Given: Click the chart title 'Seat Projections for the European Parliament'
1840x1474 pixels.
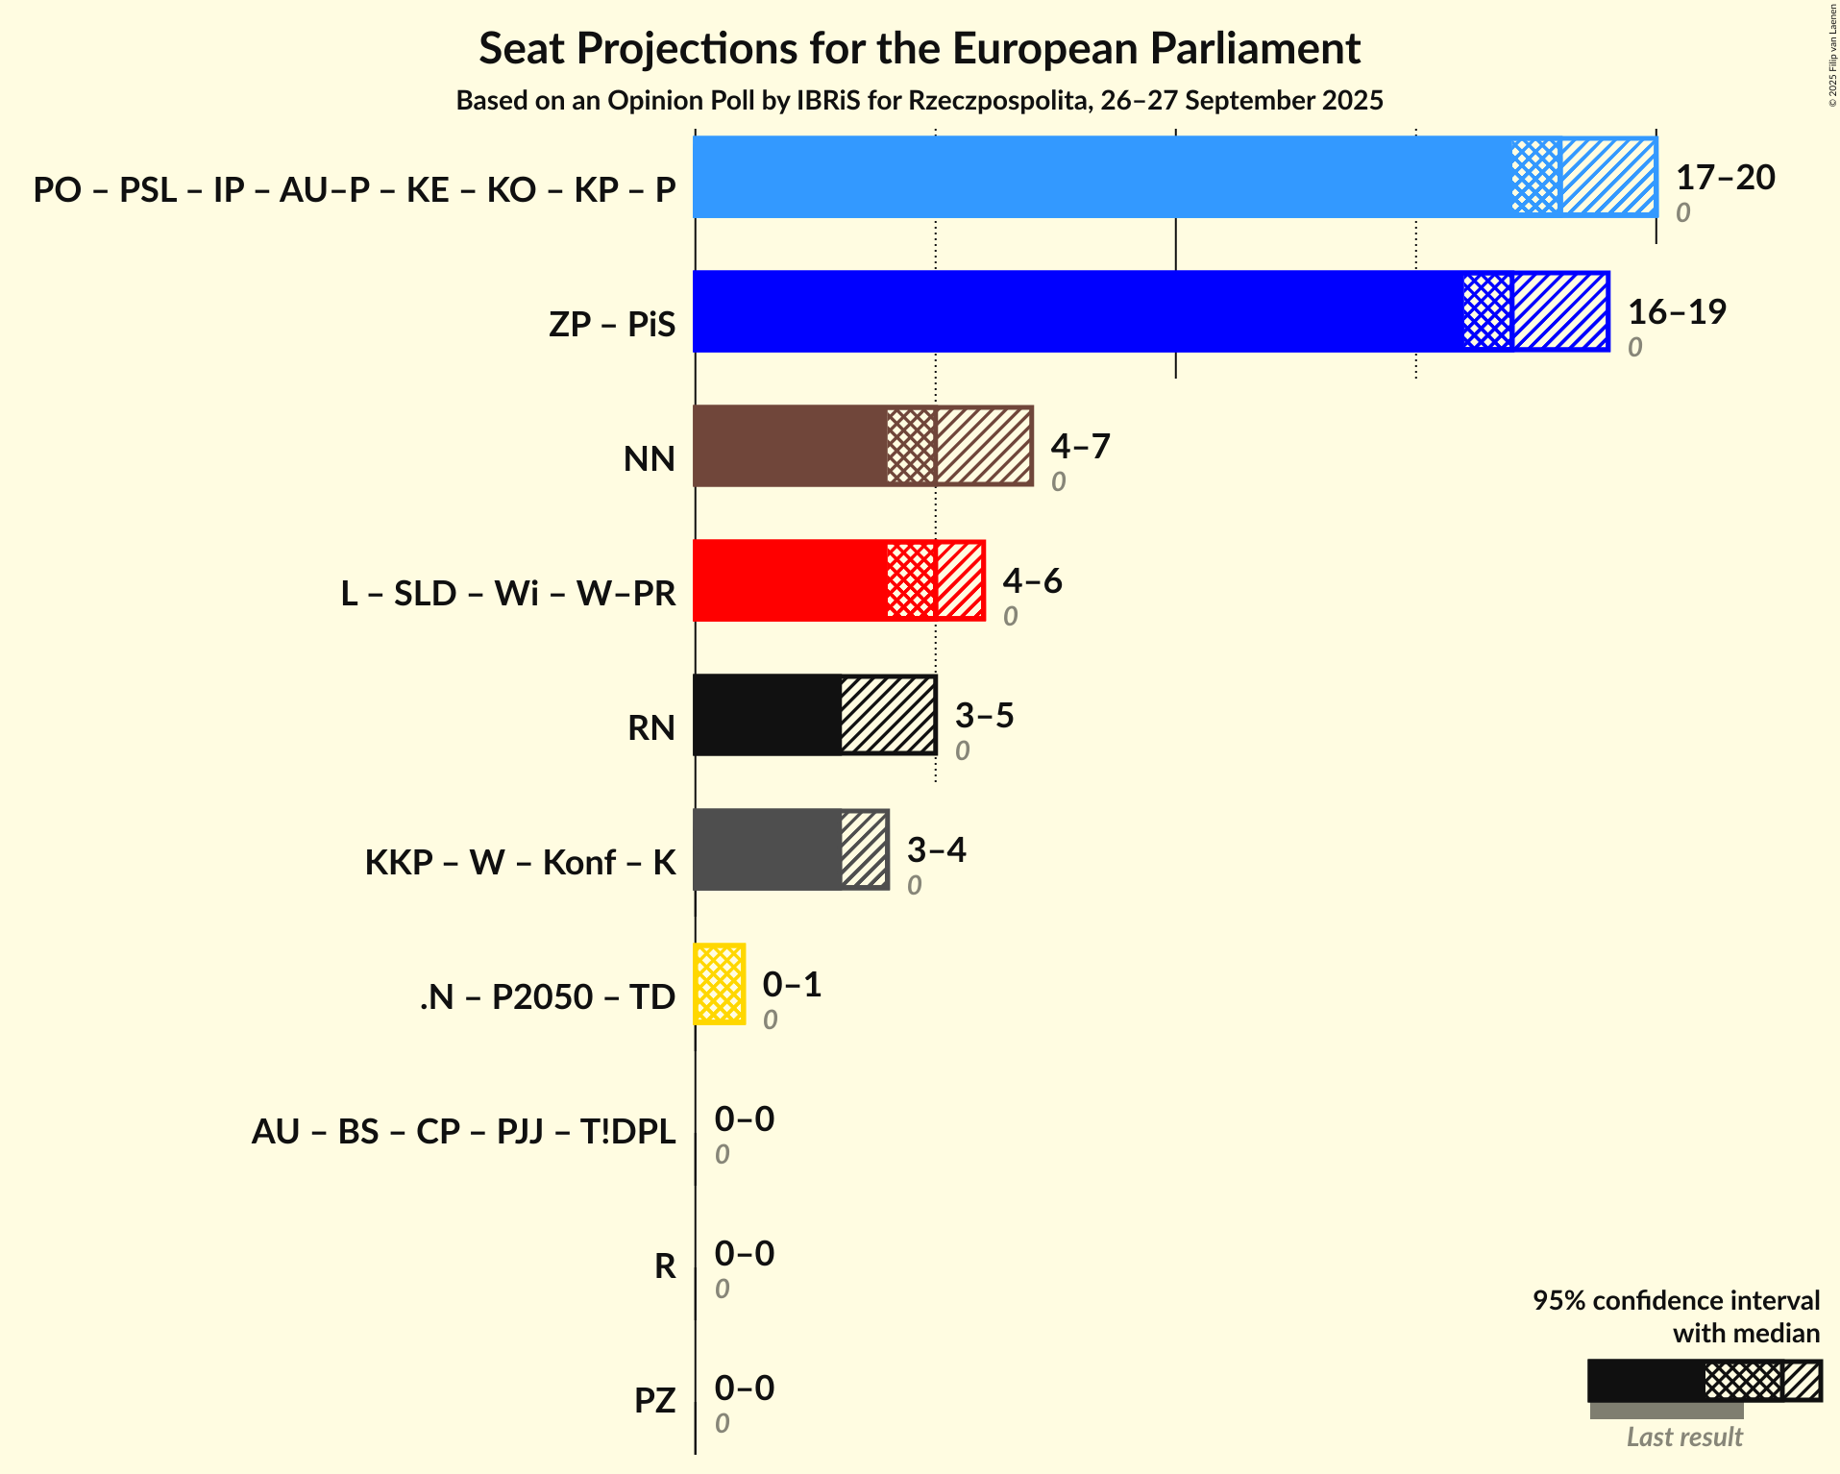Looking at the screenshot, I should pos(920,48).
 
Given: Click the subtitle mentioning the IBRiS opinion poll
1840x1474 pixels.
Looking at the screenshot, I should pos(920,101).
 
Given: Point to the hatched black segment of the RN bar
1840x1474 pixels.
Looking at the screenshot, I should pos(888,715).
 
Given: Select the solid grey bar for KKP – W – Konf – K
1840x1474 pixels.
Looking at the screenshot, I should pos(767,849).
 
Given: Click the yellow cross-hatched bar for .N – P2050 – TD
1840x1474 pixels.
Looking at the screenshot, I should pos(720,984).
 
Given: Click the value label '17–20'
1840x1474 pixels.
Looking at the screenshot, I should pos(1725,177).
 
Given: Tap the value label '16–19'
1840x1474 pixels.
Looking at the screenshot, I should pos(1677,311).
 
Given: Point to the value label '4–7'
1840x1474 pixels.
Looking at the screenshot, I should pos(1080,446).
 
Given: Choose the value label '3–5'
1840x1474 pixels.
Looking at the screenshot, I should pos(984,715).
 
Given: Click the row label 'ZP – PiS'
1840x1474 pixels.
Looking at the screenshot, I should pos(612,324).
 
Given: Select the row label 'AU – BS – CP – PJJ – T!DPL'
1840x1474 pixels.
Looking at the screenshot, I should pos(463,1131).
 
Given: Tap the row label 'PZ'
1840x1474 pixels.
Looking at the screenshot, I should pos(654,1400).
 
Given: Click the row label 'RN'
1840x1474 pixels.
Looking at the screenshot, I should pos(650,727).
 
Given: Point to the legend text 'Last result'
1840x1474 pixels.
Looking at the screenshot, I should pos(1683,1437).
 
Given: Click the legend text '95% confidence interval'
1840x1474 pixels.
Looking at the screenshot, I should pos(1676,1300).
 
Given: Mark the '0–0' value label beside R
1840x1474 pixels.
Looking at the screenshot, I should pos(744,1253).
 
